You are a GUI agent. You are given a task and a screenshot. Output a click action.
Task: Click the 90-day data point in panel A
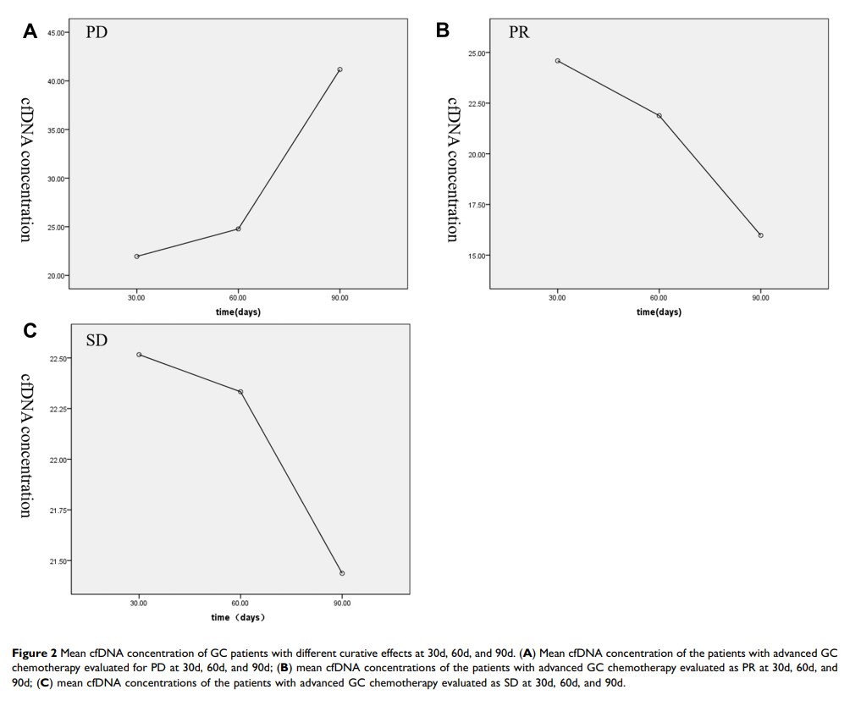(339, 69)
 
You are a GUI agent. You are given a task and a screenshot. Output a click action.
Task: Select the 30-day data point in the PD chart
(136, 256)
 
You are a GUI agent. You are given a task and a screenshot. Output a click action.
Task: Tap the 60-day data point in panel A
(238, 229)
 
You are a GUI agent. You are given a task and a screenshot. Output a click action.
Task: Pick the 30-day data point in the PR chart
(557, 61)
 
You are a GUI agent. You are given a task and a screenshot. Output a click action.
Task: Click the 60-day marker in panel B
(659, 116)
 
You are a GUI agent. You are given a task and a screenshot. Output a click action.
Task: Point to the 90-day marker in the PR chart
(760, 235)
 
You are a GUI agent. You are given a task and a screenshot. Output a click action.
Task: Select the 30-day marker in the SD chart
(139, 355)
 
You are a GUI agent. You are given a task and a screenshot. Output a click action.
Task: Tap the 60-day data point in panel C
(240, 392)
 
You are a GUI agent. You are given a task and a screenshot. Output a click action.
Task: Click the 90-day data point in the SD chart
(342, 573)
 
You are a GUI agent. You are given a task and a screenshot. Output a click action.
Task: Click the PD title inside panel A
(97, 33)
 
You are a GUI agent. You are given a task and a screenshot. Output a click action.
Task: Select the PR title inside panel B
(519, 33)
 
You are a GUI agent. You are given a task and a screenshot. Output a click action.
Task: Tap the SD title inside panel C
(97, 341)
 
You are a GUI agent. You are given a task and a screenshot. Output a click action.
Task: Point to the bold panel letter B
(442, 30)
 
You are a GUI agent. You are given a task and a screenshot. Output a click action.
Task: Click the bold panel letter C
(30, 331)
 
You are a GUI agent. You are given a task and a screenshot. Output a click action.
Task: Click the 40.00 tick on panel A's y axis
(58, 81)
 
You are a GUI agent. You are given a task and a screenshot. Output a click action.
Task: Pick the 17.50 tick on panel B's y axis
(477, 205)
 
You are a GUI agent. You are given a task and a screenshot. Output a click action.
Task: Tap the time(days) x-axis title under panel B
(659, 312)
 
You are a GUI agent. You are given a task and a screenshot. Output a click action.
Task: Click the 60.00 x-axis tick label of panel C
(240, 603)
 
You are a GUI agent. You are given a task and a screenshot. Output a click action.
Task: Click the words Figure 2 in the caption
(34, 653)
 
